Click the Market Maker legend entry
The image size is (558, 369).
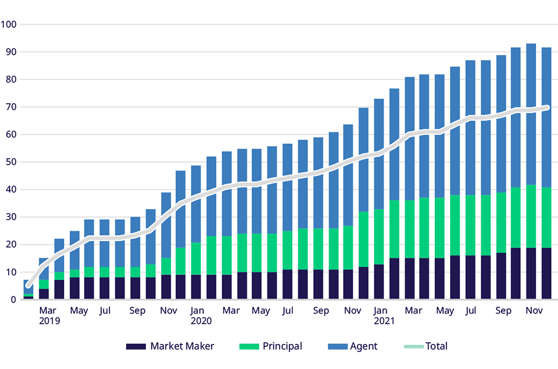coord(169,346)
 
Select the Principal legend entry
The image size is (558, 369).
coord(270,346)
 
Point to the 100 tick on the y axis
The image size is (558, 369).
coord(9,25)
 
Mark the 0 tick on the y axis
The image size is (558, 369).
coord(14,299)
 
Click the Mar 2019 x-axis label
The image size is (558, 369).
coord(48,316)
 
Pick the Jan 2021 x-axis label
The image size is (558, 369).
coord(384,316)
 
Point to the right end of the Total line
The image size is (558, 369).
coord(547,107)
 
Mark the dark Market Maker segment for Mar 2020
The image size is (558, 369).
coord(227,287)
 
